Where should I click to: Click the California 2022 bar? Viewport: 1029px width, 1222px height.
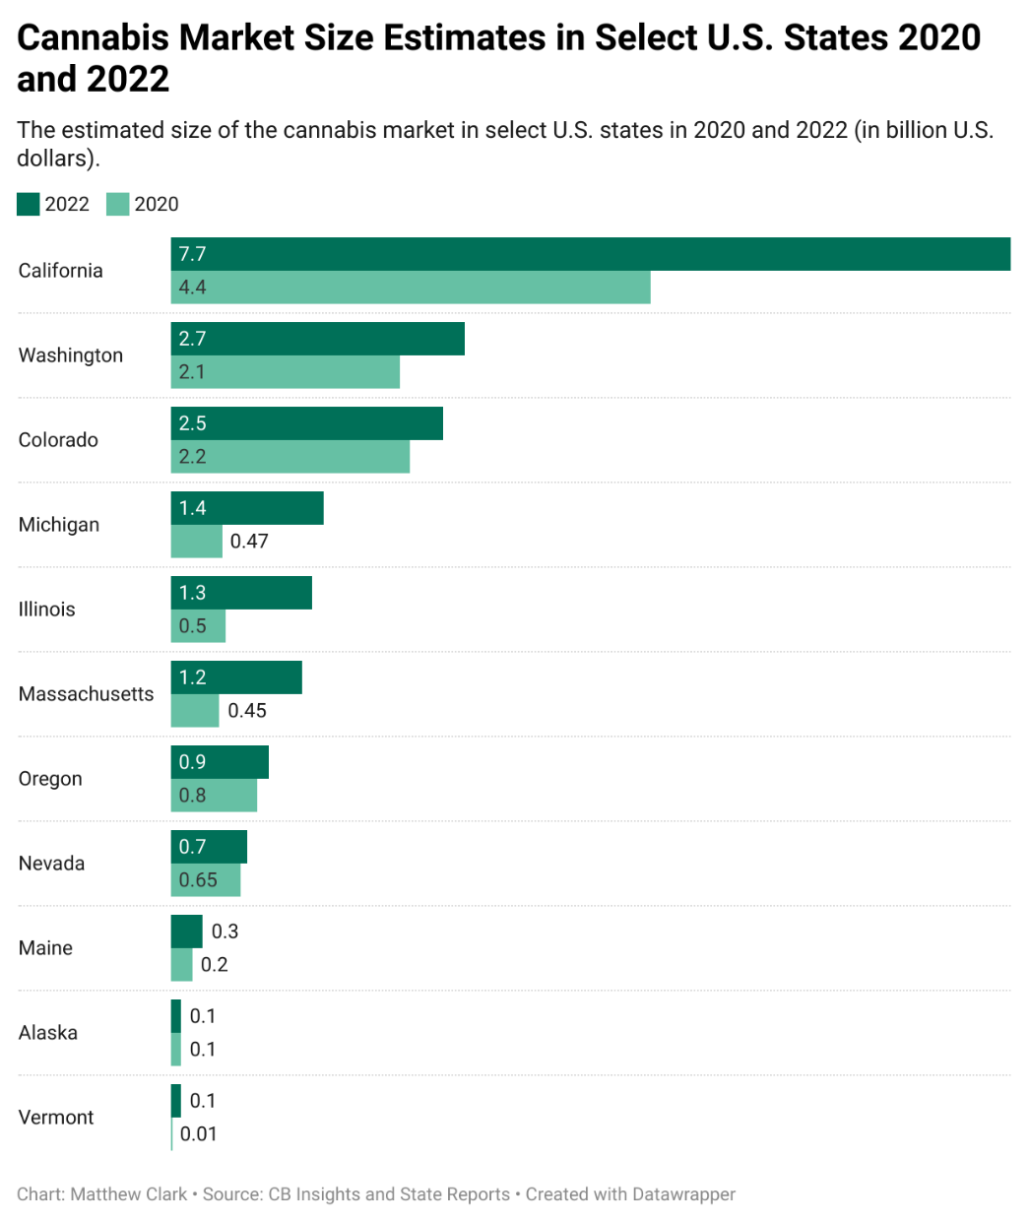591,254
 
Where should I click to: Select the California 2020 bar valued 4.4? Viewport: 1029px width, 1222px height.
411,288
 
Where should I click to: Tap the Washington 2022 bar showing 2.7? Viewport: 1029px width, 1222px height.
317,339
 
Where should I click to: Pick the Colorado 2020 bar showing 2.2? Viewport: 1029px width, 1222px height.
290,457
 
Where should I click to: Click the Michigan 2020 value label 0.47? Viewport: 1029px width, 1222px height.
249,542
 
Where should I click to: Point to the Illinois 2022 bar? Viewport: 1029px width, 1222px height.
241,593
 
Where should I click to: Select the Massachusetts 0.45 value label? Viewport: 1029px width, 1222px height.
247,711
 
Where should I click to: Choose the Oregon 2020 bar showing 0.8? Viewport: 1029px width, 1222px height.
214,796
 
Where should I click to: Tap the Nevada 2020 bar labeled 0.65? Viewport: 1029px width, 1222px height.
206,880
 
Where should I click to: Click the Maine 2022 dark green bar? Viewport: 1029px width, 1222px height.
186,932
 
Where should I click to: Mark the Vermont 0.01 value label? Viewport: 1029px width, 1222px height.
199,1134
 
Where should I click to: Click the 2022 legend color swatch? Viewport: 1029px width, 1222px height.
29,204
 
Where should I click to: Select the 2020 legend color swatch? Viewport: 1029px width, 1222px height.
118,204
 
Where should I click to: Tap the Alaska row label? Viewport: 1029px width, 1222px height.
48,1033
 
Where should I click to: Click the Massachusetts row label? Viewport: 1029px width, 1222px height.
86,694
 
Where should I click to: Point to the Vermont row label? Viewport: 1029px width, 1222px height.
56,1118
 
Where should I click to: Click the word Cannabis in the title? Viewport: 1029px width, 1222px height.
93,37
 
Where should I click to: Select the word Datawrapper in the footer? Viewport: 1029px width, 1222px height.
683,1194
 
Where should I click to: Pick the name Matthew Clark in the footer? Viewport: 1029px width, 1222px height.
128,1194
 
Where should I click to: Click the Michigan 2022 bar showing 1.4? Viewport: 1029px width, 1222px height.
247,508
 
